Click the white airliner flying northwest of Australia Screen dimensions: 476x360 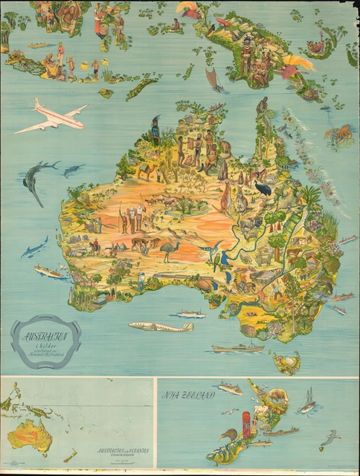pos(51,115)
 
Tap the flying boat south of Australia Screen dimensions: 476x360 pos(160,326)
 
